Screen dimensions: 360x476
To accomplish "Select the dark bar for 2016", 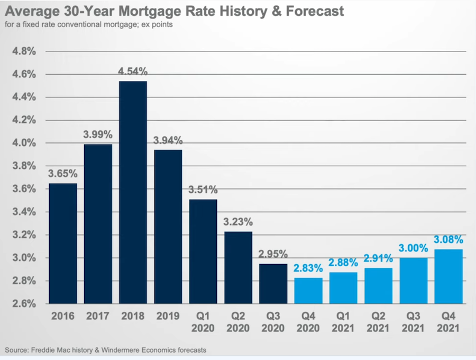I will pos(63,244).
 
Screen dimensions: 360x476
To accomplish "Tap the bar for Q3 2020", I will pos(273,284).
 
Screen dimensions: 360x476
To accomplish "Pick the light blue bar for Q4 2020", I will pos(308,291).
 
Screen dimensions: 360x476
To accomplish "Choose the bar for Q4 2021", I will pos(448,276).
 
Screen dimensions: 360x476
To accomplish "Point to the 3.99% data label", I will pos(98,134).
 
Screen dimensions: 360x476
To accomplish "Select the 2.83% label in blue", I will pos(308,268).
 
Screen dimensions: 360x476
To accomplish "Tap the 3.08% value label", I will pos(448,239).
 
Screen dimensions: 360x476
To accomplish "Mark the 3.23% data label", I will pos(238,222).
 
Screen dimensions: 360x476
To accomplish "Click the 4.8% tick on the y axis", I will pos(24,51).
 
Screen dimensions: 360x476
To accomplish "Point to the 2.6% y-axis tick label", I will pos(24,304).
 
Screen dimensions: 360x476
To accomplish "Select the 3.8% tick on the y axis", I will pos(24,166).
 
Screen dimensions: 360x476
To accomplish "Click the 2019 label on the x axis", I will pos(168,316).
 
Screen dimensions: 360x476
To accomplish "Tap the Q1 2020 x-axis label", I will pos(203,322).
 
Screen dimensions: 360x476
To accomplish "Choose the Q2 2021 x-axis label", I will pos(378,322).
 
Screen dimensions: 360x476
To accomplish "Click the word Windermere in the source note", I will pos(121,350).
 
